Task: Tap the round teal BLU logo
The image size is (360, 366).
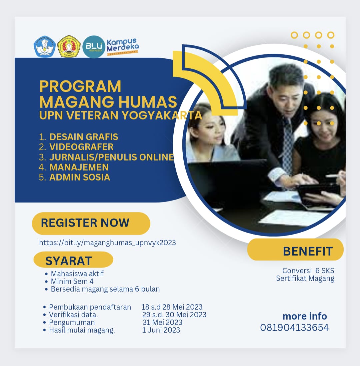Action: click(94, 47)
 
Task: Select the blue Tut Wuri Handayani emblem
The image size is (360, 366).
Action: click(44, 47)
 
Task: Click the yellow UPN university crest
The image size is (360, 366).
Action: click(69, 47)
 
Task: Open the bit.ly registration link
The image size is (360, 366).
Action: click(107, 243)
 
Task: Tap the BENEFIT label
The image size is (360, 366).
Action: click(308, 251)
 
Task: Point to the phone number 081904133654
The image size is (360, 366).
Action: click(294, 328)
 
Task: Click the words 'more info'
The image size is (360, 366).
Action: click(305, 316)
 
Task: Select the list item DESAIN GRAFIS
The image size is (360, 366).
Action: click(84, 137)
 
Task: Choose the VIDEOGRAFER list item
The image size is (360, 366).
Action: click(81, 147)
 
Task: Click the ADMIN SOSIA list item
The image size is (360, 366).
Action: click(80, 177)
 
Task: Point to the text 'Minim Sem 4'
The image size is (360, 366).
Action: click(72, 281)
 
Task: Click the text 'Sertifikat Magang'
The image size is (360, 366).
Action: click(305, 278)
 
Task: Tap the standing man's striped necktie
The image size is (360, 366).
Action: click(288, 147)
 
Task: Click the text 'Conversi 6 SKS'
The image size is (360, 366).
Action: click(308, 271)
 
